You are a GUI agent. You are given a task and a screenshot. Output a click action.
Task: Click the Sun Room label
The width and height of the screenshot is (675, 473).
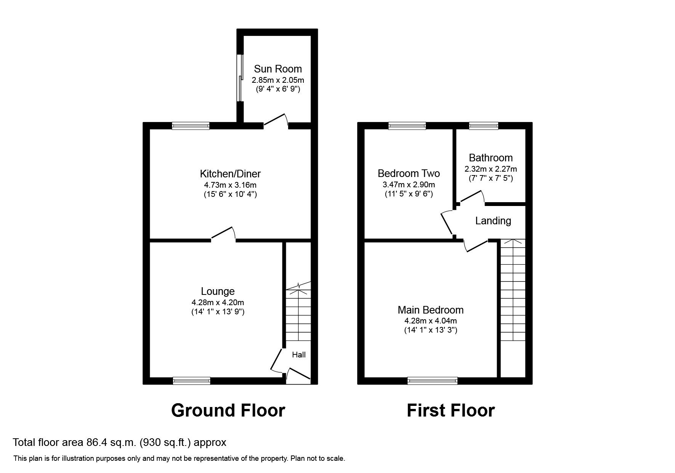pos(277,69)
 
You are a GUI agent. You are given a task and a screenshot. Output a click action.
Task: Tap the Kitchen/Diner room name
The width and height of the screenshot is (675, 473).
pos(230,174)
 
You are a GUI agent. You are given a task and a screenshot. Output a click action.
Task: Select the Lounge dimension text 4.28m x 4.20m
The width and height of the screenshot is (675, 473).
pos(218,302)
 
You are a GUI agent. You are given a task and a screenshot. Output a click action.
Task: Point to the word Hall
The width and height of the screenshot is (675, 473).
pos(299,355)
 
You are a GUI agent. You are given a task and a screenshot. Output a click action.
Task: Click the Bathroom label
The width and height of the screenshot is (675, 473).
pos(491,158)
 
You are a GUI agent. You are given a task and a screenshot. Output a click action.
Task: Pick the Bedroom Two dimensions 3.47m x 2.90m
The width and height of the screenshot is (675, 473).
pos(409,185)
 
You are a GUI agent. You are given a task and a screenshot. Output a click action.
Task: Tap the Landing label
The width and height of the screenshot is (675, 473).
pos(493,221)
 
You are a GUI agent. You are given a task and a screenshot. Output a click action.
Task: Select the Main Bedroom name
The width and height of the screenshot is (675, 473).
pos(430,310)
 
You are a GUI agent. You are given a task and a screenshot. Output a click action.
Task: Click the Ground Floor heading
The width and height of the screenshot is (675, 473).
pos(228,410)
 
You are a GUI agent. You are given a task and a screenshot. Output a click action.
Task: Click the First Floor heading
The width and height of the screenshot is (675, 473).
pos(451,410)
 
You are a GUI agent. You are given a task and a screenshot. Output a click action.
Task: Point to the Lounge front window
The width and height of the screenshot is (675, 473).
pos(191,380)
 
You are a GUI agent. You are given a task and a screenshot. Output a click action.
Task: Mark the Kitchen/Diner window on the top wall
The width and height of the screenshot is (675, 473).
pos(191,125)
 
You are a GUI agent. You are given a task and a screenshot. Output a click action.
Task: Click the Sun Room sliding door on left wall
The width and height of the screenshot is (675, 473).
pos(240,78)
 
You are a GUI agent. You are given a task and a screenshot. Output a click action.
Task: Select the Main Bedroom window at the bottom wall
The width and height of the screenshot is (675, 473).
pos(432,380)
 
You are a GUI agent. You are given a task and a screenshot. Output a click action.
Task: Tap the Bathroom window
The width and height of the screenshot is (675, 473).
pos(483,125)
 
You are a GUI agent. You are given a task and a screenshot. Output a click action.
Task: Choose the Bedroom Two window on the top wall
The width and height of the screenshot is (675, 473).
pos(407,125)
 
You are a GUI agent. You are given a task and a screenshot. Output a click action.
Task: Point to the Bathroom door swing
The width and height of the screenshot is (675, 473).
pos(471,198)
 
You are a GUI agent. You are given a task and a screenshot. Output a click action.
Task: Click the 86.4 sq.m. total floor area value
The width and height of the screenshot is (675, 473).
pos(110,442)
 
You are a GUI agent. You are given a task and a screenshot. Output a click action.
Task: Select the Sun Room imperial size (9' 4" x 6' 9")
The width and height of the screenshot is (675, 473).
pos(277,89)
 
